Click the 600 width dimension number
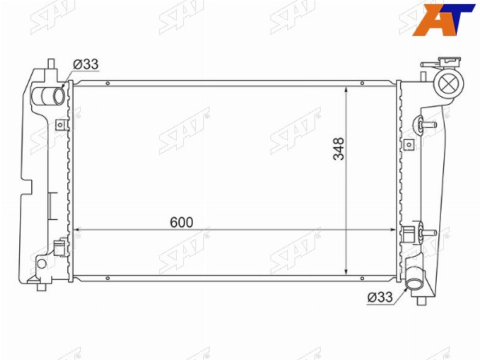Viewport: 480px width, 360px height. (182, 222)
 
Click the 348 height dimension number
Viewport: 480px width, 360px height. (339, 149)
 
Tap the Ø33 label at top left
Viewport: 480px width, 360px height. (86, 64)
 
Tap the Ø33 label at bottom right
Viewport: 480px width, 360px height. (380, 297)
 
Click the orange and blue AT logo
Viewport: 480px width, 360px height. (443, 19)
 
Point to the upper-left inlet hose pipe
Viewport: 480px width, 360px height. (48, 95)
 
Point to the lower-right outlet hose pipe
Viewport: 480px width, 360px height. (414, 279)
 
